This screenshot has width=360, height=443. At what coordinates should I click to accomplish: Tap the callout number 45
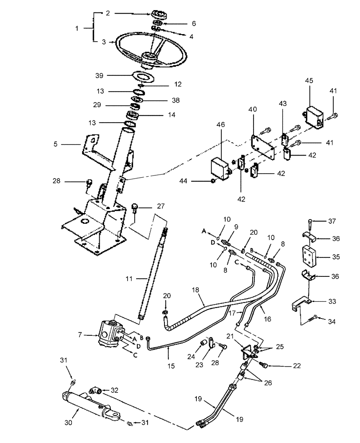[309, 81]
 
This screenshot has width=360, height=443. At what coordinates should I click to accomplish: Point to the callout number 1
[77, 27]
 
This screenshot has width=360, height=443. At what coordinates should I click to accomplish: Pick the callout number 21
[229, 337]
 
